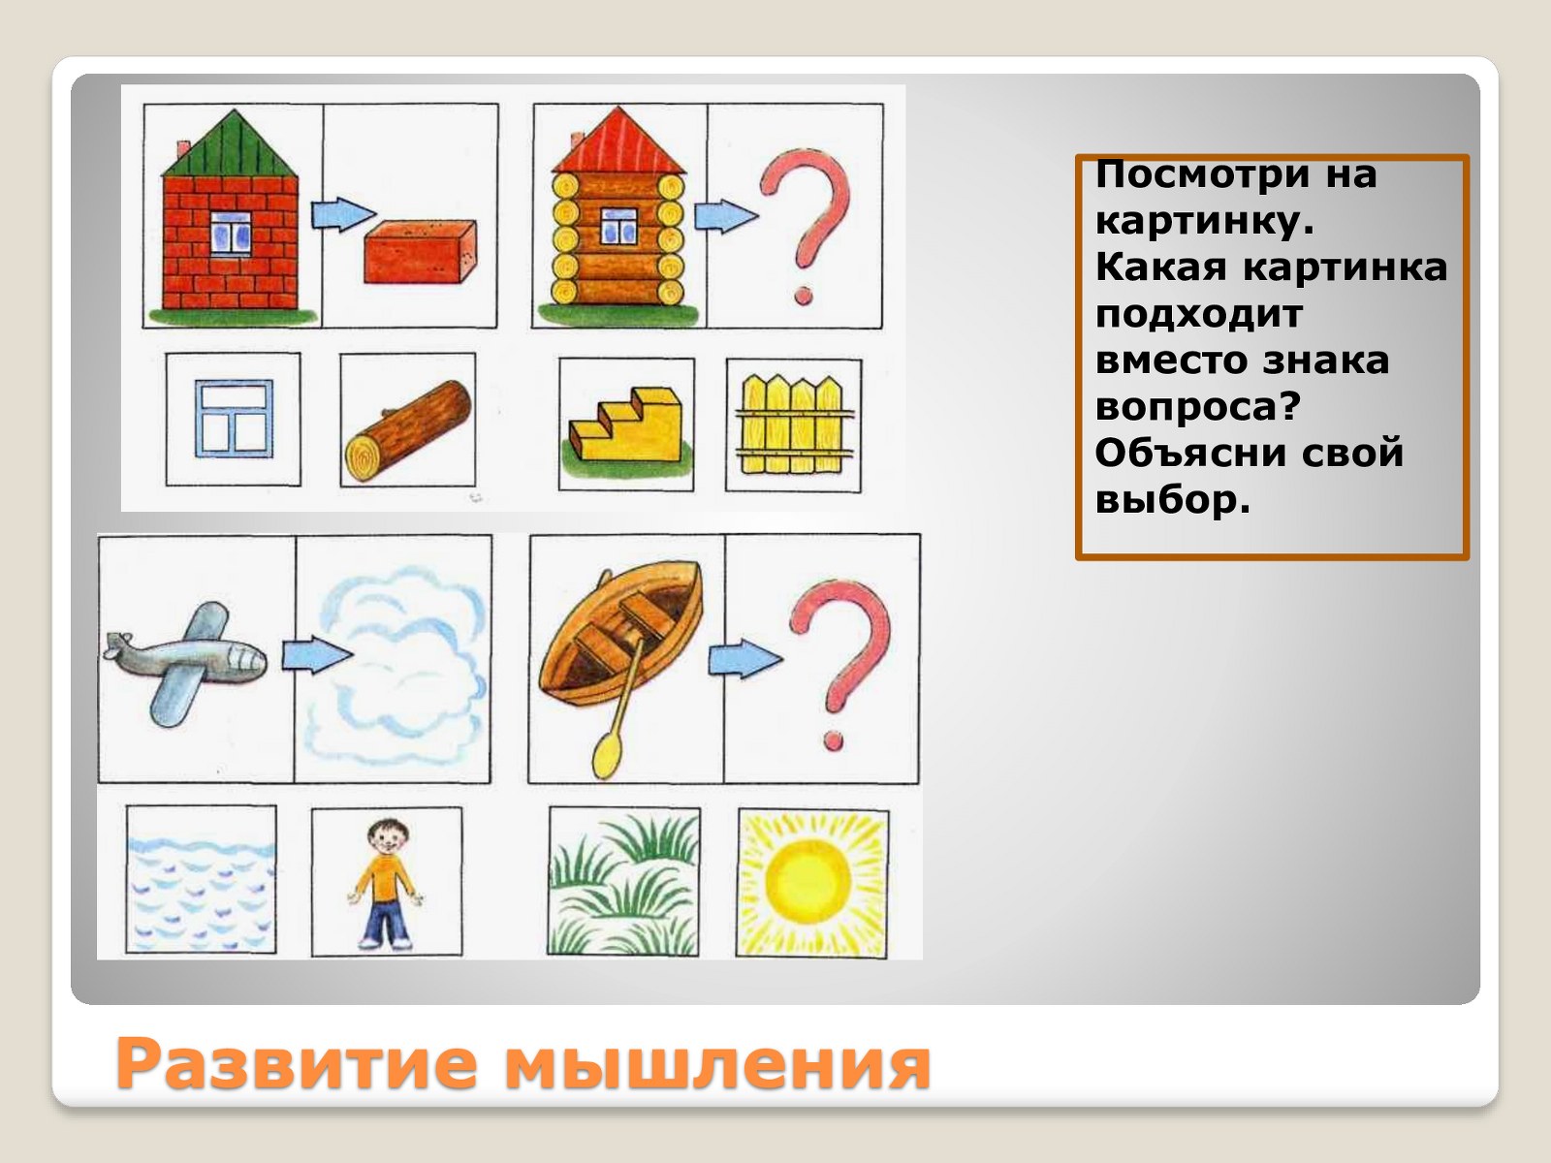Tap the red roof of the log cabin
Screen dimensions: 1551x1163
click(619, 144)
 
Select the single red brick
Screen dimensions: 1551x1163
click(421, 252)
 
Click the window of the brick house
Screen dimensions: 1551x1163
click(231, 233)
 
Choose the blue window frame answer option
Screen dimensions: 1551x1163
click(234, 420)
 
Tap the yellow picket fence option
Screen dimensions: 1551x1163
click(794, 424)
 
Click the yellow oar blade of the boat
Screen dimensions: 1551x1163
click(606, 756)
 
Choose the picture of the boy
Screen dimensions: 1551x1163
click(386, 883)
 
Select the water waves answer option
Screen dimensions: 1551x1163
click(202, 881)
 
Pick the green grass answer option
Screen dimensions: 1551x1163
click(624, 882)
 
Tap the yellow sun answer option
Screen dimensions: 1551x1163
click(812, 883)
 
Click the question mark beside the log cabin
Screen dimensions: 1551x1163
click(807, 226)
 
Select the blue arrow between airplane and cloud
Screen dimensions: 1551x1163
click(317, 656)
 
